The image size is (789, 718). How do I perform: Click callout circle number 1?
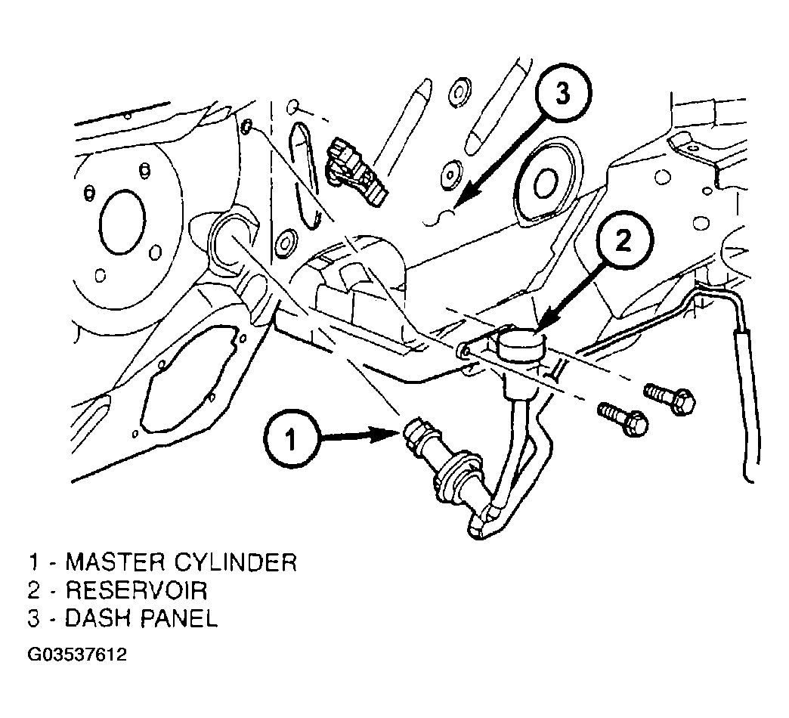tap(290, 441)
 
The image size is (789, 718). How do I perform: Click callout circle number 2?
tap(623, 241)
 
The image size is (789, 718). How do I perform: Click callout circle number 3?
tap(562, 94)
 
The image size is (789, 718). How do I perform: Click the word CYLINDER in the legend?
tap(235, 562)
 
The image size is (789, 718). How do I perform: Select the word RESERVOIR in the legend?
tap(136, 590)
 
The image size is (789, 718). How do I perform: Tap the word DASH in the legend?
tap(98, 618)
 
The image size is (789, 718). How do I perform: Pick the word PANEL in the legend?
tap(178, 618)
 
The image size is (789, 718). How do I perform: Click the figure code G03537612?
tap(77, 655)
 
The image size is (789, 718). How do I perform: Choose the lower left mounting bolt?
tap(623, 418)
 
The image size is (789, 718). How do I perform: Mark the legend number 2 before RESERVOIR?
tap(33, 590)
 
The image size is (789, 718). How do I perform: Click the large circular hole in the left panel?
tap(122, 221)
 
